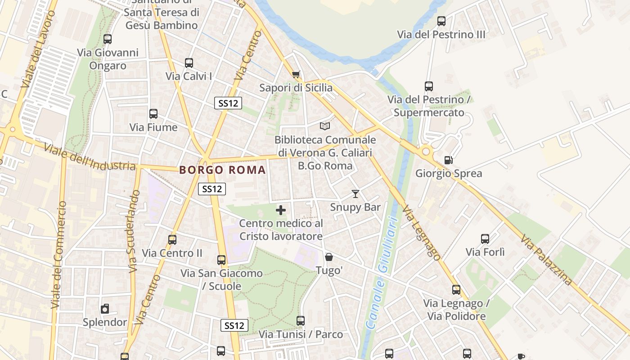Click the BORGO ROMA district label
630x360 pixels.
click(x=222, y=170)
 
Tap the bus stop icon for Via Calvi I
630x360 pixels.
click(x=189, y=63)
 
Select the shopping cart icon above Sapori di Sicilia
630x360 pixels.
click(x=296, y=74)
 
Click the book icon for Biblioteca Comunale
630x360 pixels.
click(x=324, y=126)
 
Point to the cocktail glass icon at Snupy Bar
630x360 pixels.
click(x=355, y=194)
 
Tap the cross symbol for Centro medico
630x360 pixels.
click(x=281, y=210)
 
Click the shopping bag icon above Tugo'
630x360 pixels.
click(x=329, y=257)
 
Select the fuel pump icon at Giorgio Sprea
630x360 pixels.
click(x=448, y=160)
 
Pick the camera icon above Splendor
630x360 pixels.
click(x=105, y=309)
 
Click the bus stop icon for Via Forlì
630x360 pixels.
click(x=485, y=239)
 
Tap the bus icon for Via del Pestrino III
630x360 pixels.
click(x=441, y=21)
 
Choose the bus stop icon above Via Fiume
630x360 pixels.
click(x=153, y=114)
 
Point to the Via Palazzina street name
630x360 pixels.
click(x=547, y=260)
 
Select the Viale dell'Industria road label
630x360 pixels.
click(x=90, y=158)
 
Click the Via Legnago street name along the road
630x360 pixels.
click(x=421, y=233)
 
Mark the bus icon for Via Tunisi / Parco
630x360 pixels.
click(x=301, y=321)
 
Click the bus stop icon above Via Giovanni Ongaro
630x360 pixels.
click(x=107, y=39)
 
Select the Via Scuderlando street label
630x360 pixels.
click(x=134, y=232)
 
